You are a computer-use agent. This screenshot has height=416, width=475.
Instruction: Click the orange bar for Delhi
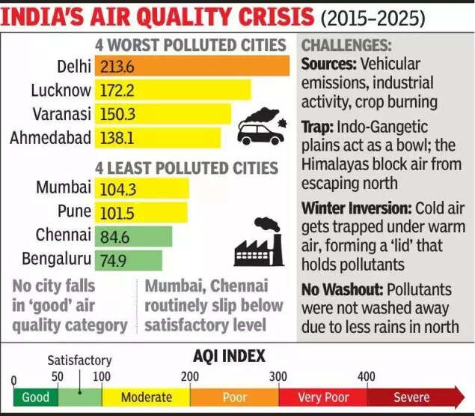[x=192, y=67]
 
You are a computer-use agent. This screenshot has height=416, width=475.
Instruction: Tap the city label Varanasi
[x=62, y=114]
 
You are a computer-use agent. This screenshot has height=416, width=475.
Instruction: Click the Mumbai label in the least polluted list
[x=64, y=187]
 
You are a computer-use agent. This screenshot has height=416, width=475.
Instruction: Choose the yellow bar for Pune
[x=141, y=211]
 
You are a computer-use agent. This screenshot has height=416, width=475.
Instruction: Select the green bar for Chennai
[x=134, y=235]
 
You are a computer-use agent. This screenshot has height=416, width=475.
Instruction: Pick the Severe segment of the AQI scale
[x=411, y=397]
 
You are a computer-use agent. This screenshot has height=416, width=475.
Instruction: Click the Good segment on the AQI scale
[x=35, y=397]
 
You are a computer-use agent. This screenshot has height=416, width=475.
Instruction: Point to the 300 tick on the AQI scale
[x=278, y=375]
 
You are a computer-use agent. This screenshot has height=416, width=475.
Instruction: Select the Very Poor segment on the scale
[x=322, y=397]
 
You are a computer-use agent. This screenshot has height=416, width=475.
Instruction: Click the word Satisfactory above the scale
[x=79, y=361]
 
